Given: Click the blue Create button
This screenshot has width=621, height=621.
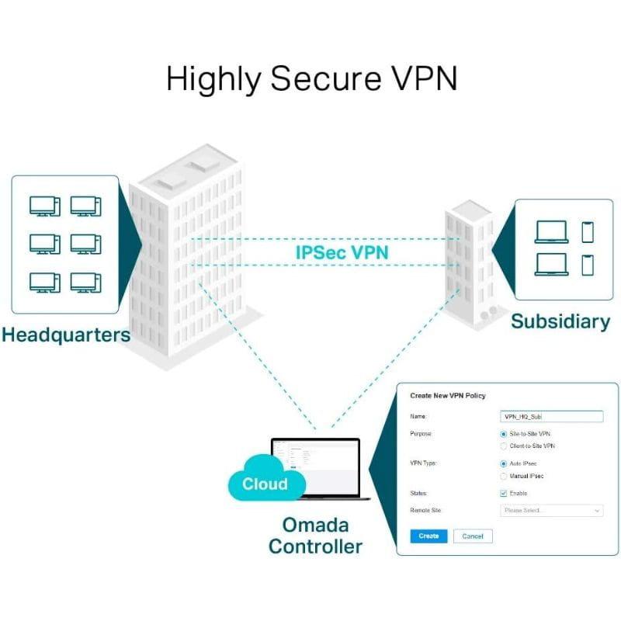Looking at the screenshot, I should click(x=428, y=536).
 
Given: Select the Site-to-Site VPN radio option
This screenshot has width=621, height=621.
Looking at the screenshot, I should click(x=504, y=433).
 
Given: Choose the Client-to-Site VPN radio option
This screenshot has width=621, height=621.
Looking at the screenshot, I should click(x=504, y=446).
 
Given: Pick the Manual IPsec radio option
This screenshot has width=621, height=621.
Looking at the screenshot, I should click(x=504, y=476).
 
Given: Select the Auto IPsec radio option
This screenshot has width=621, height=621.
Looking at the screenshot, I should click(x=504, y=463).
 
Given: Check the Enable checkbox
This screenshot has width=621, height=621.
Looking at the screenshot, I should click(x=504, y=493).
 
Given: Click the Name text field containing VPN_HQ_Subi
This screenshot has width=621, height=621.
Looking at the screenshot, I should click(x=551, y=417).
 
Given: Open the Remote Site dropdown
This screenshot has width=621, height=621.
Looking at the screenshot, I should click(x=551, y=511).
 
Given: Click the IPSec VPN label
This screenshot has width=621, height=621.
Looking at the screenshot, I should click(x=342, y=252).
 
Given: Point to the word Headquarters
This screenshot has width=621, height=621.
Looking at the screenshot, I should click(x=65, y=335).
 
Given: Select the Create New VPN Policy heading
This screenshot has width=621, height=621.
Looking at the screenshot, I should click(x=447, y=396).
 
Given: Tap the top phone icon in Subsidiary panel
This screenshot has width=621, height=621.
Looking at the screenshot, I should click(x=588, y=231).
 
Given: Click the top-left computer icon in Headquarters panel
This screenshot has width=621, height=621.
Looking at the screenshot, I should click(x=44, y=206).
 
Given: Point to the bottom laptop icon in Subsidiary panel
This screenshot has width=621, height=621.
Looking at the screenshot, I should click(x=551, y=264).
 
